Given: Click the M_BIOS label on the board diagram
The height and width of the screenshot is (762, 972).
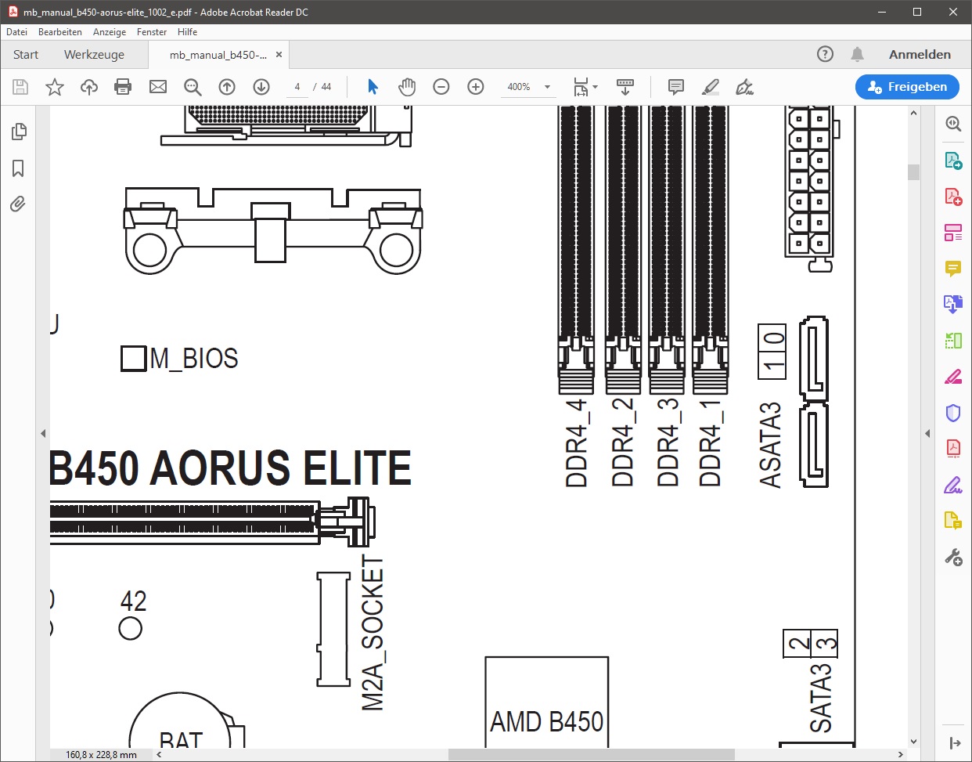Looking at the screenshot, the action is click(x=193, y=359).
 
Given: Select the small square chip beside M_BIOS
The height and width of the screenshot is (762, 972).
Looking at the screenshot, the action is click(x=133, y=359).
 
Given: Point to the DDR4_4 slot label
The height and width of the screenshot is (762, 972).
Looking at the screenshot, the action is click(x=576, y=442).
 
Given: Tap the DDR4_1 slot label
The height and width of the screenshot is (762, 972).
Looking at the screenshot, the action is click(x=711, y=442).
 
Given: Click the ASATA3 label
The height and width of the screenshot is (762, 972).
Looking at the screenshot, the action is click(x=770, y=445).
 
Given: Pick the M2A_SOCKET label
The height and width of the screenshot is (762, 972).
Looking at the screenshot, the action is click(x=373, y=633).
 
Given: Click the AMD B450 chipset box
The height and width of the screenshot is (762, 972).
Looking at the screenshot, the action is click(x=546, y=701).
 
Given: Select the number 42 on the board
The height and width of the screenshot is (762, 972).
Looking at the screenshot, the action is click(x=133, y=601).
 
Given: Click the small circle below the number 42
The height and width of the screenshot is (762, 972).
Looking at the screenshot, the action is click(x=130, y=629).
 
